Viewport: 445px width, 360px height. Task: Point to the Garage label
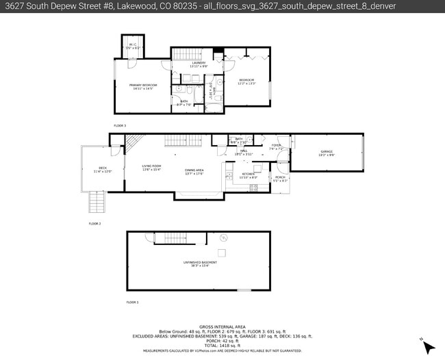pos(326,151)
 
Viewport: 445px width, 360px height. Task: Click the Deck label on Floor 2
pos(102,168)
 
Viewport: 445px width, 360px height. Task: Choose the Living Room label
pos(151,166)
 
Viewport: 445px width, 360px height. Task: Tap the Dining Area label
pos(194,170)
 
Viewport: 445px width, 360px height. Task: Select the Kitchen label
pos(248,175)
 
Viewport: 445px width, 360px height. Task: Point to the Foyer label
pos(277,146)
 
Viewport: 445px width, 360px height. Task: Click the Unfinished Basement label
pos(199,262)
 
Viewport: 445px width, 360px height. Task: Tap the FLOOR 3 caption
pos(120,125)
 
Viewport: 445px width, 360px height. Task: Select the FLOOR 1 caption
pos(131,302)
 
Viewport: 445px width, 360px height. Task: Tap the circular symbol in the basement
pos(223,238)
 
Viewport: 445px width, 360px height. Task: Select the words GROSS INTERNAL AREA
pos(222,326)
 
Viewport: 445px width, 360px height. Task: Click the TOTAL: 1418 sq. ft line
pos(222,344)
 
